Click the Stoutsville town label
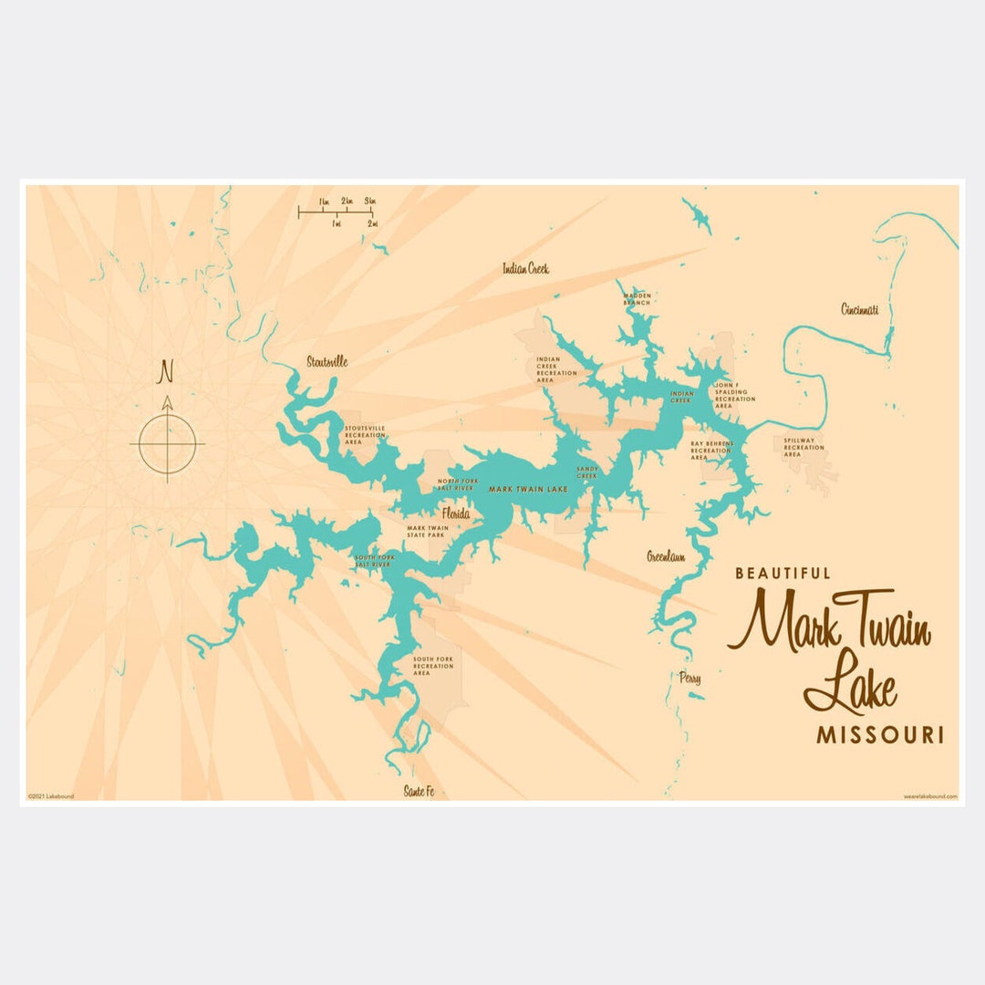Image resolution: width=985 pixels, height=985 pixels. (327, 361)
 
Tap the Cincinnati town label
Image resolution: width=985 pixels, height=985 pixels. (859, 309)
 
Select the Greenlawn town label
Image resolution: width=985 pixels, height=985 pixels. (666, 555)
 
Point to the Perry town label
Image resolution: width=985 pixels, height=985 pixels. (689, 679)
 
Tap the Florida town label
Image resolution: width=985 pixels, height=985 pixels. (456, 514)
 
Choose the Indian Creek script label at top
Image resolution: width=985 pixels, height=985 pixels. (525, 268)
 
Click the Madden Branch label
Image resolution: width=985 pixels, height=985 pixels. (637, 299)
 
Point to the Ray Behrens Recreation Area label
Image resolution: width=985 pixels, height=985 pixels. (711, 451)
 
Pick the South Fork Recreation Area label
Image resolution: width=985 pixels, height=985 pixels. (433, 666)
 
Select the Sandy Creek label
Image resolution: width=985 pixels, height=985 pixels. (586, 472)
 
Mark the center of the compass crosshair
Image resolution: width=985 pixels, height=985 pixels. (167, 444)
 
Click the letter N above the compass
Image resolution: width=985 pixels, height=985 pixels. (166, 371)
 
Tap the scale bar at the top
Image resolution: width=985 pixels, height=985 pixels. (336, 212)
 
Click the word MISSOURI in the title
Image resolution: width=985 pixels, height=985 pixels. (879, 735)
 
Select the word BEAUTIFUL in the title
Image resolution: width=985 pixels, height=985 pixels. (783, 574)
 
